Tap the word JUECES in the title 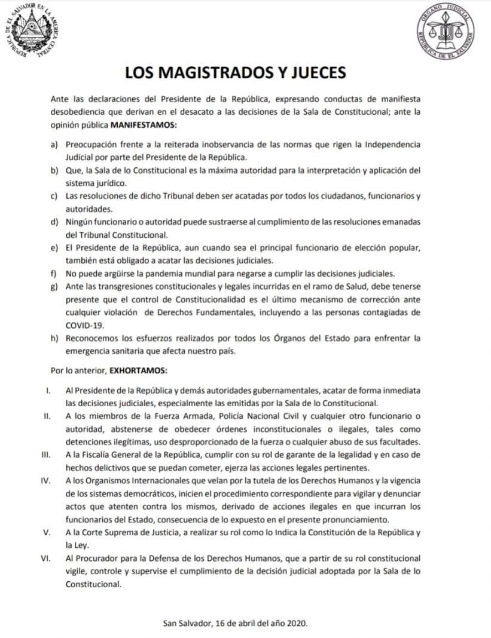point(317,73)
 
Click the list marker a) point(55,145)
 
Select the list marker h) point(55,338)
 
